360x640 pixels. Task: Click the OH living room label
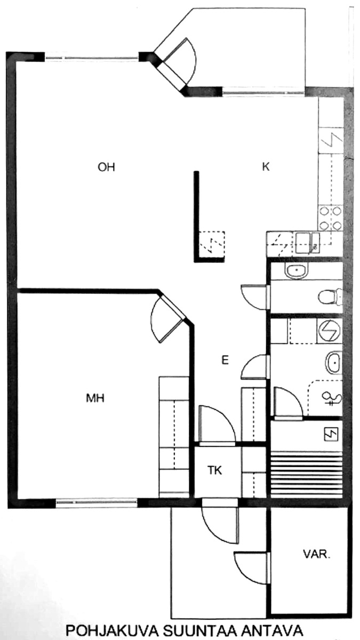pyautogui.click(x=106, y=167)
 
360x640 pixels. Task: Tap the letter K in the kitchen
pyautogui.click(x=266, y=166)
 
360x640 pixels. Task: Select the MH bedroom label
pyautogui.click(x=95, y=398)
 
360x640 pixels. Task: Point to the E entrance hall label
pyautogui.click(x=225, y=360)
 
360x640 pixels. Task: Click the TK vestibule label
pyautogui.click(x=214, y=470)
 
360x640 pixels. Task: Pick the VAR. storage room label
pyautogui.click(x=317, y=555)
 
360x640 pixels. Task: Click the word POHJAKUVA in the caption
pyautogui.click(x=113, y=630)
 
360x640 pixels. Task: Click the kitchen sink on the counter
pyautogui.click(x=307, y=243)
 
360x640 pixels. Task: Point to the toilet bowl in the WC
pyautogui.click(x=330, y=297)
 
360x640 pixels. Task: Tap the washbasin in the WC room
pyautogui.click(x=297, y=270)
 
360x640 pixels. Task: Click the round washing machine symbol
pyautogui.click(x=329, y=331)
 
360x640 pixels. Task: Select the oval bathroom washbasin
pyautogui.click(x=333, y=363)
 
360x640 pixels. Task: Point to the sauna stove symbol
pyautogui.click(x=331, y=435)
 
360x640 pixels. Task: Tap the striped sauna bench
pyautogui.click(x=306, y=474)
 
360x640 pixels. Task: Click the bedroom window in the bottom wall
pyautogui.click(x=97, y=502)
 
